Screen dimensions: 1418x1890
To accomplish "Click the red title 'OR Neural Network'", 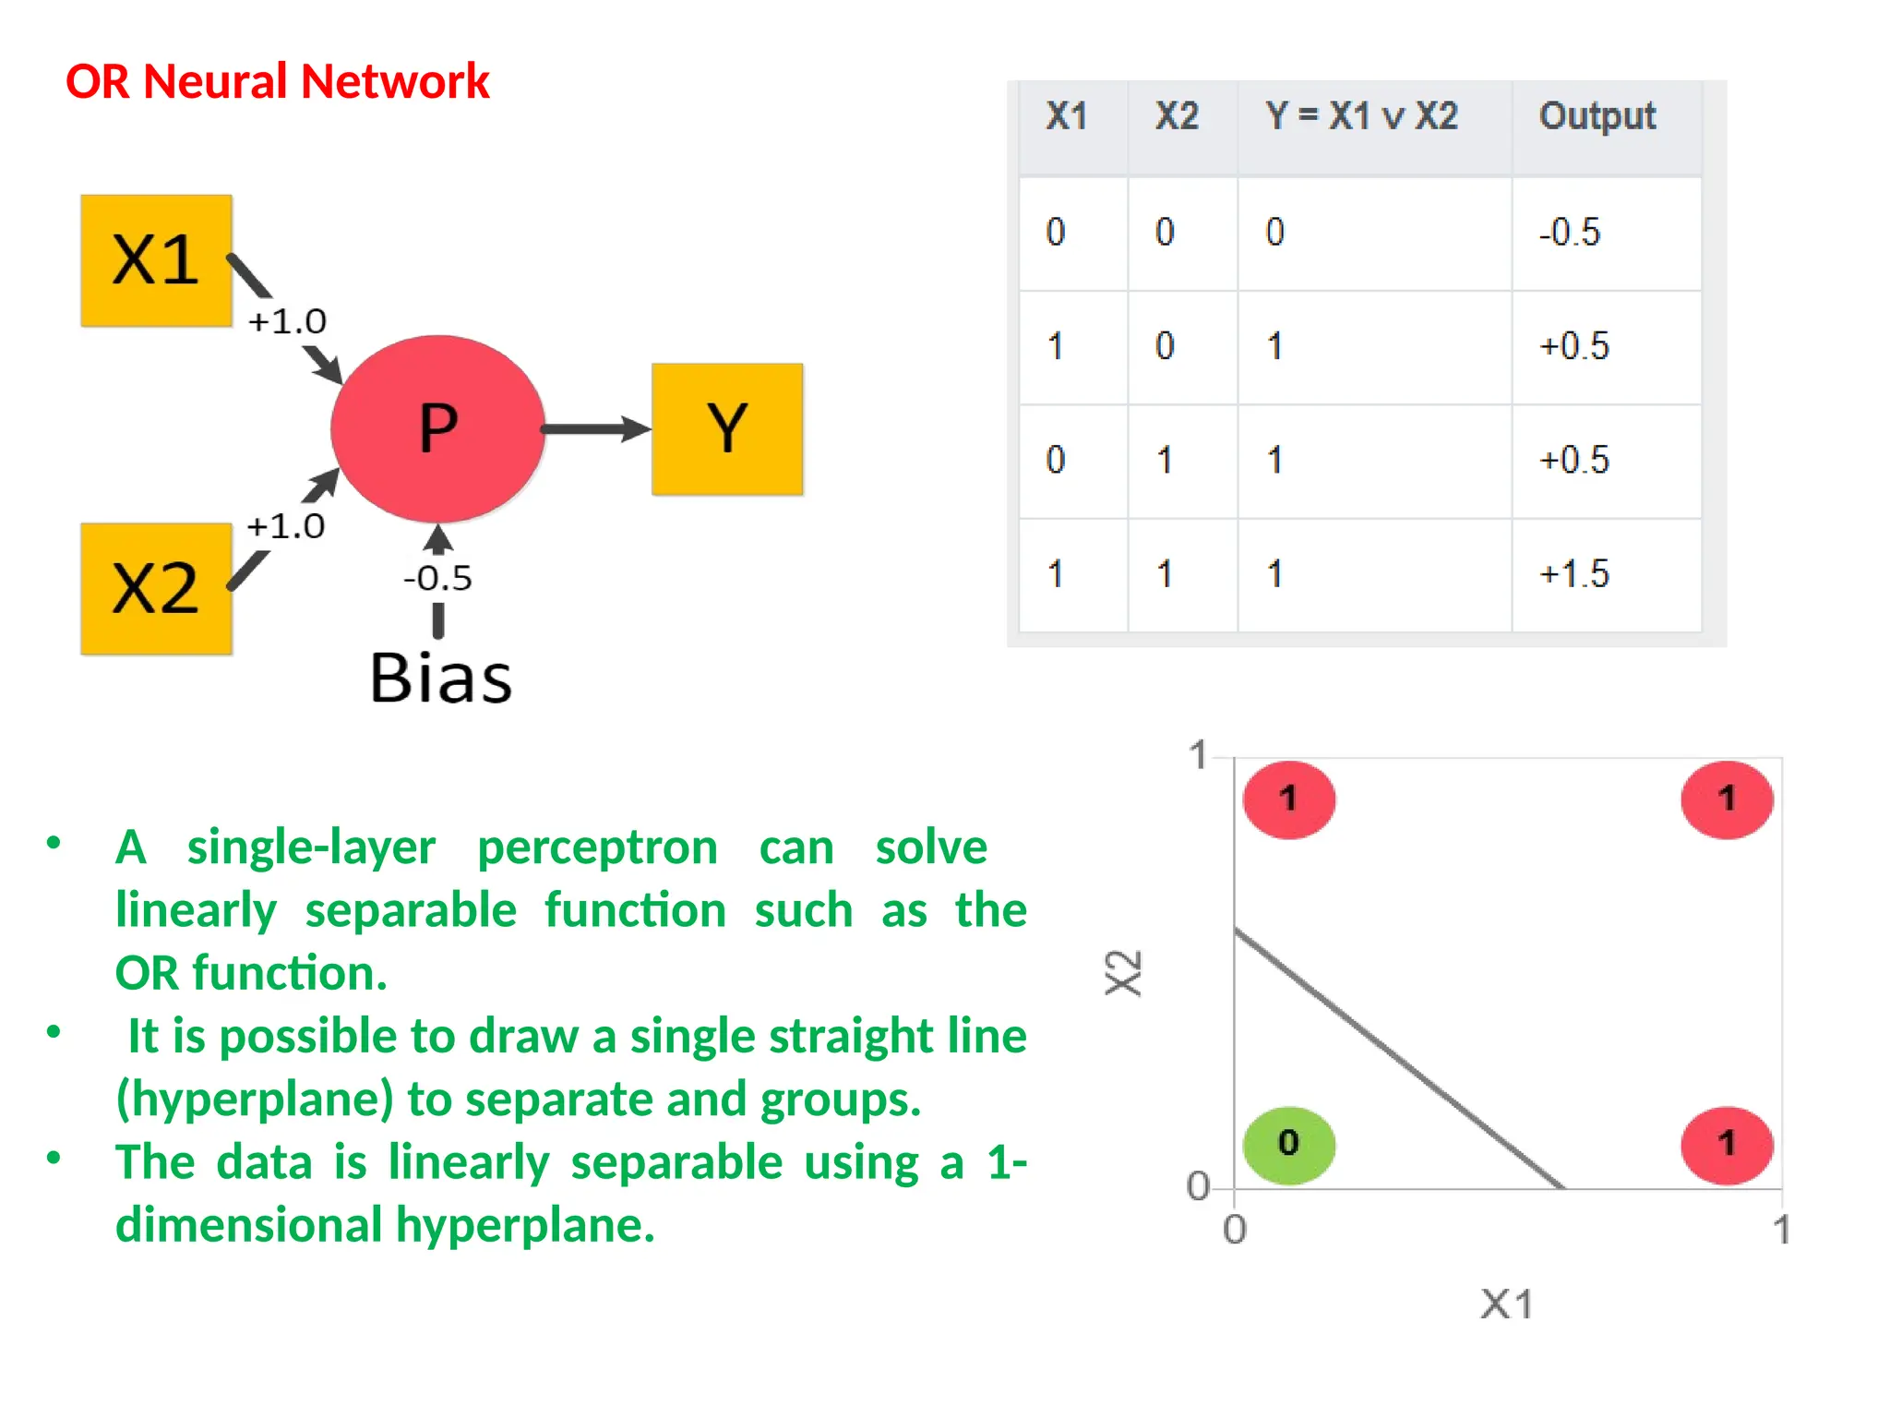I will (x=277, y=81).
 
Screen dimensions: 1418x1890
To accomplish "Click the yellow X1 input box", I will (x=156, y=260).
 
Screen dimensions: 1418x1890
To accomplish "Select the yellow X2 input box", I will (x=156, y=589).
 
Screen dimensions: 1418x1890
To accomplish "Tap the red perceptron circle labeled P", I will (x=437, y=428).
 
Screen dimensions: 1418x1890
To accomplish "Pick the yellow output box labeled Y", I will (x=727, y=429).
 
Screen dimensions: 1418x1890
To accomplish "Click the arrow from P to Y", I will (x=595, y=429).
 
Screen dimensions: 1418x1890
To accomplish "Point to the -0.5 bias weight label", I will (x=437, y=579).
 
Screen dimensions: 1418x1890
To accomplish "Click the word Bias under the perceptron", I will (x=440, y=679).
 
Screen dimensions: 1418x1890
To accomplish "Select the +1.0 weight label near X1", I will (x=287, y=321).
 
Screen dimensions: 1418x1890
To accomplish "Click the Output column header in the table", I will (x=1597, y=117).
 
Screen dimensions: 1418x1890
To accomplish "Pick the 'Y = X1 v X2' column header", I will (x=1361, y=117).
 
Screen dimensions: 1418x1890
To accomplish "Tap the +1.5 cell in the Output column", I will (x=1573, y=574).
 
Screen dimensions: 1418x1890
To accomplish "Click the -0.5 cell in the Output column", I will (x=1569, y=232).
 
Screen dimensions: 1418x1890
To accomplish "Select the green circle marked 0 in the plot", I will (x=1288, y=1144).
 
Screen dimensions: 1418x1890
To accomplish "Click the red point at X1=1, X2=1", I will (x=1727, y=799).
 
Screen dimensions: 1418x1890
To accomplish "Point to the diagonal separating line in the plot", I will (x=1398, y=1058).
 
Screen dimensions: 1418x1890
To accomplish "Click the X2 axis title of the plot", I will (x=1124, y=973).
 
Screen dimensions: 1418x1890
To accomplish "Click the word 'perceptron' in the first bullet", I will (x=597, y=847).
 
